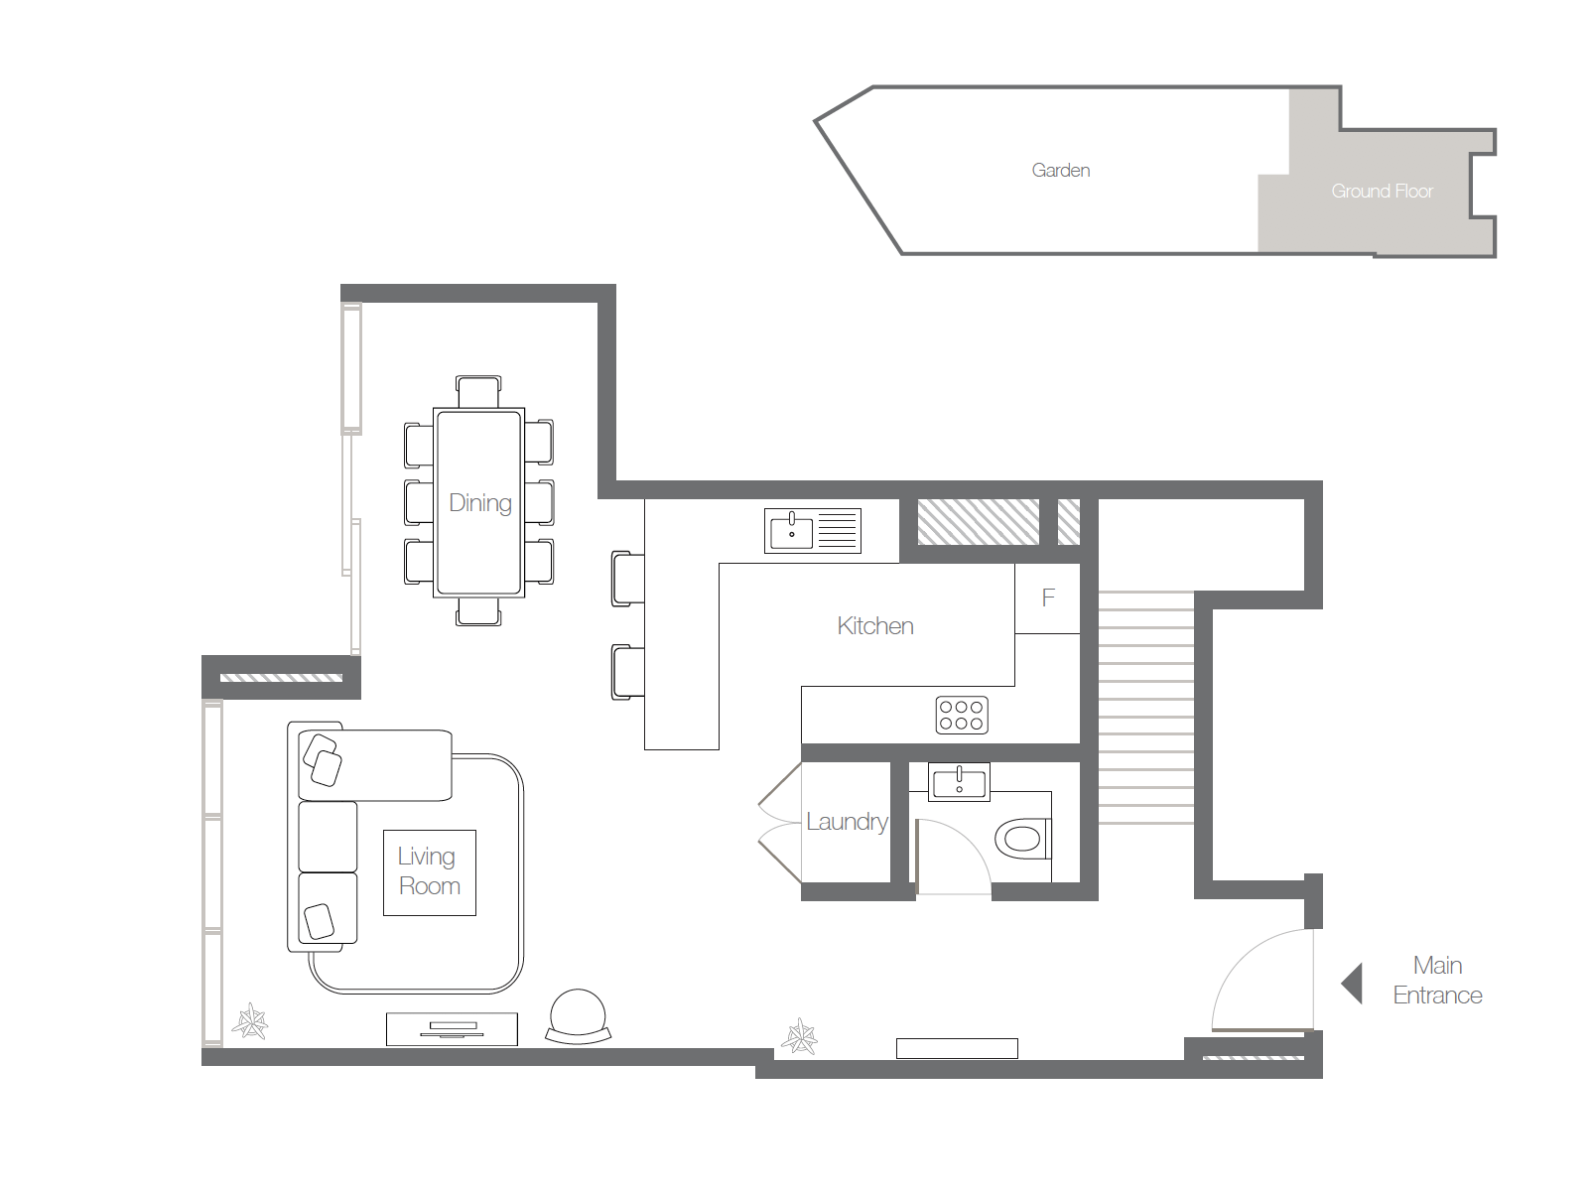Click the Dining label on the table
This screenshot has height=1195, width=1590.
[x=480, y=503]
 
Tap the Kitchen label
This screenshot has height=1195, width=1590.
[x=874, y=626]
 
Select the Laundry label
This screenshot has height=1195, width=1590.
[x=846, y=822]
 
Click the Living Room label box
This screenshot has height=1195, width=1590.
[x=429, y=871]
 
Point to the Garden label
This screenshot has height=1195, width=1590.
[x=1060, y=171]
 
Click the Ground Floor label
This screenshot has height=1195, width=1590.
[x=1382, y=192]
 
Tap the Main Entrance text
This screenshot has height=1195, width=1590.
[x=1437, y=981]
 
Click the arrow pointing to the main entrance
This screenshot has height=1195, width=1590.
[x=1352, y=984]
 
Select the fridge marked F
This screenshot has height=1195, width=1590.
[x=1047, y=598]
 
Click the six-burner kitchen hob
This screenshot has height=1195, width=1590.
[x=962, y=716]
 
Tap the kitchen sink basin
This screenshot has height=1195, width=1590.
[x=791, y=530]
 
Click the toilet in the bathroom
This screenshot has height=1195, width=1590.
[x=1020, y=840]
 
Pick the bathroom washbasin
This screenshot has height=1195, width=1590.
[x=959, y=781]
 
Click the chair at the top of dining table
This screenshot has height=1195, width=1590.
[x=478, y=391]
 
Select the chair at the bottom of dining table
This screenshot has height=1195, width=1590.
[x=478, y=611]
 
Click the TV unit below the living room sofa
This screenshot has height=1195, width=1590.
[x=452, y=1029]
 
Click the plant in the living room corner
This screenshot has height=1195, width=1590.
[x=250, y=1021]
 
